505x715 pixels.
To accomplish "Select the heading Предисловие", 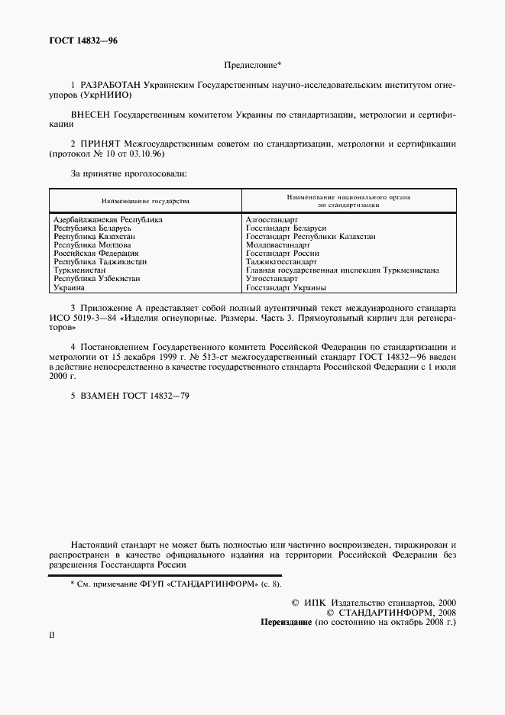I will pyautogui.click(x=252, y=66).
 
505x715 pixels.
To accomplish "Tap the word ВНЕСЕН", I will pyautogui.click(x=91, y=115).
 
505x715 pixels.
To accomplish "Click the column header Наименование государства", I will pyautogui.click(x=145, y=201).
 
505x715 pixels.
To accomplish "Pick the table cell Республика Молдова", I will pyautogui.click(x=92, y=245).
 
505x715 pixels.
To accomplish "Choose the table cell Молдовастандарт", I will pyautogui.click(x=278, y=245).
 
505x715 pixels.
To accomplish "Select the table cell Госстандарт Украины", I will pyautogui.click(x=286, y=288).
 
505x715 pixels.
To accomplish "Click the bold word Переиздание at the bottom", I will pyautogui.click(x=287, y=622).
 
